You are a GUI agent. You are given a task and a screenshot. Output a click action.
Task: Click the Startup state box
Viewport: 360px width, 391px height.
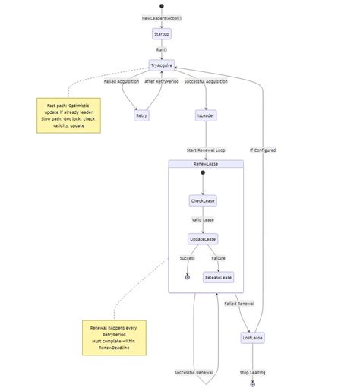[161, 34]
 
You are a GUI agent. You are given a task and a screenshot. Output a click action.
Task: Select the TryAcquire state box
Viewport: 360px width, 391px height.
[162, 67]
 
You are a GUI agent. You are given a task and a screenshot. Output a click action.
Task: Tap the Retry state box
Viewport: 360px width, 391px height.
[141, 115]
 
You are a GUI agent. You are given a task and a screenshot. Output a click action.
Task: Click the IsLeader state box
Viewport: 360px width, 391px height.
[206, 115]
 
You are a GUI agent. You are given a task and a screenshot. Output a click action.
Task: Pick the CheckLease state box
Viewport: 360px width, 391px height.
[203, 200]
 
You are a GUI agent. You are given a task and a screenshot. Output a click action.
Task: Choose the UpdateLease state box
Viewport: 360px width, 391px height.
[203, 239]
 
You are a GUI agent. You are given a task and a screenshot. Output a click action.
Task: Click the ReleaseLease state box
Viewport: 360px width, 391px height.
[218, 278]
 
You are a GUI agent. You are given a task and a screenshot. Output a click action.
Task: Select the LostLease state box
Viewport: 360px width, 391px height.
[253, 338]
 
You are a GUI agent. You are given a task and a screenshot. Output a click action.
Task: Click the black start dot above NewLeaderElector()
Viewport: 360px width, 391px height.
[161, 5]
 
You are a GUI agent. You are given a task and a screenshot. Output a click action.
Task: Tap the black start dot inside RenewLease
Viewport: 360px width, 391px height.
[203, 173]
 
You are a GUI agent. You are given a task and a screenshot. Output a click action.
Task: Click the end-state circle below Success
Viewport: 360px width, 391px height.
[187, 277]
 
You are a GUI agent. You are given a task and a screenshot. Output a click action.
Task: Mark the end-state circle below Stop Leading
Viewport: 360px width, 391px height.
[253, 383]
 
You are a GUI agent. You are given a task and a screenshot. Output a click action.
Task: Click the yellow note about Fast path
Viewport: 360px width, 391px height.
[68, 115]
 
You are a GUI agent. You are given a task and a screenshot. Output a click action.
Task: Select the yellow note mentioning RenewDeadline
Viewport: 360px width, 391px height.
[114, 338]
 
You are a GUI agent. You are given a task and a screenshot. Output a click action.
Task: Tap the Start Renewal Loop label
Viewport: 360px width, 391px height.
[206, 150]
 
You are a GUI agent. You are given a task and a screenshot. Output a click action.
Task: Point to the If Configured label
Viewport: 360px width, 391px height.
[263, 150]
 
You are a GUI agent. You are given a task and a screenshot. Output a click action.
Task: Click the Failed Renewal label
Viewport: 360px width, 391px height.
[239, 304]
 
